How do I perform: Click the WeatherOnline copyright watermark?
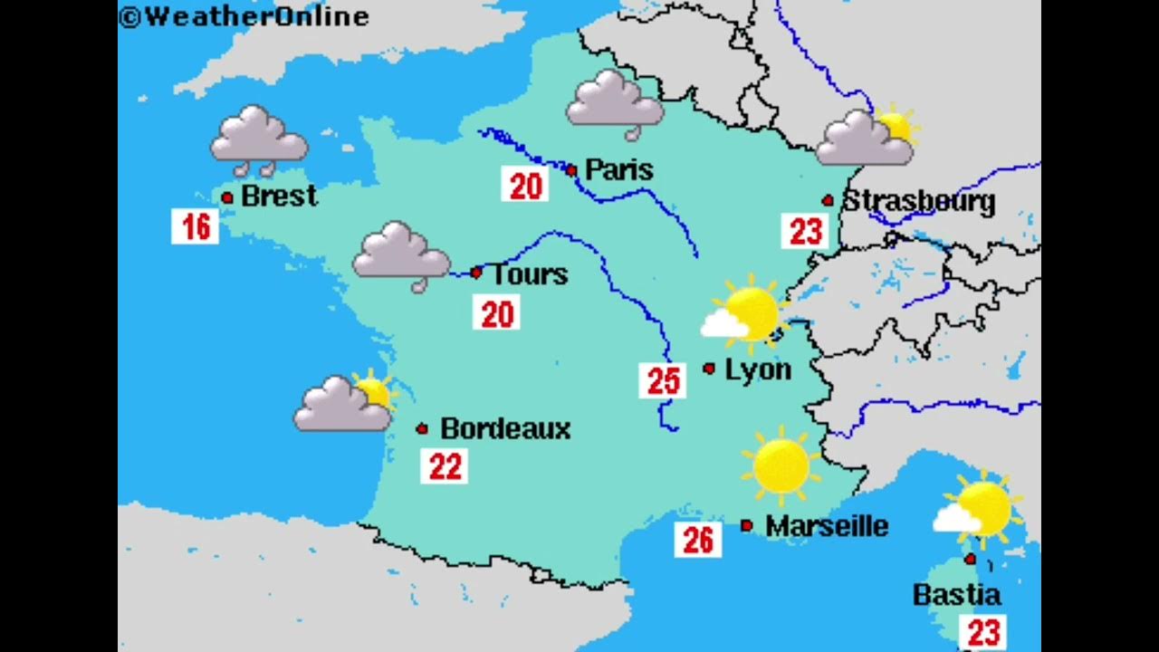tap(244, 16)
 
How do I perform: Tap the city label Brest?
tap(279, 196)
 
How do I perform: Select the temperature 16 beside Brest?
tap(196, 226)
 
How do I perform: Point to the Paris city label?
tap(619, 169)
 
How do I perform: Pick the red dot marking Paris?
tap(571, 170)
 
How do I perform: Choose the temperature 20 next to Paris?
tap(525, 186)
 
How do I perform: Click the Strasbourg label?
tap(918, 201)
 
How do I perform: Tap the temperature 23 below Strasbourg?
tap(805, 231)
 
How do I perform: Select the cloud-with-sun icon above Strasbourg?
tap(867, 137)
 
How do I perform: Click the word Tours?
tap(529, 274)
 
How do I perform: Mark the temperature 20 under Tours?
tap(496, 313)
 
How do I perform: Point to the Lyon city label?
tap(758, 369)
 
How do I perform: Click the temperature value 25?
tap(662, 381)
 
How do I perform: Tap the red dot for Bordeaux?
tap(422, 428)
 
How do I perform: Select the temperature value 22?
tap(445, 466)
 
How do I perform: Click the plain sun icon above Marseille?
tap(781, 465)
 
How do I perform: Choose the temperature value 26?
tap(698, 540)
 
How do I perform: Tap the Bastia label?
tap(956, 595)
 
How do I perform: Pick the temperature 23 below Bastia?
tap(982, 631)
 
